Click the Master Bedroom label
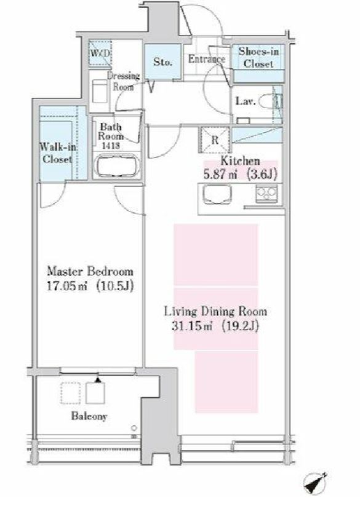tap(90, 271)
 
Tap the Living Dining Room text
tap(215, 312)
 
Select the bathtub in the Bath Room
tap(118, 166)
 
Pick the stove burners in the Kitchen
tap(266, 194)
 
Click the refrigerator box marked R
tap(215, 140)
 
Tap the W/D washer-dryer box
tap(100, 53)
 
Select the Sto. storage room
tap(162, 61)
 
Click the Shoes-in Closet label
tap(258, 57)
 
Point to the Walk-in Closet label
tap(57, 152)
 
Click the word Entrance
tap(207, 59)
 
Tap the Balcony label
tap(89, 416)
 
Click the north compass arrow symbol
tap(315, 484)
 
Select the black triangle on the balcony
tap(98, 380)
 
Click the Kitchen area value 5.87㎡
tap(220, 175)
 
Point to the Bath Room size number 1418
tap(111, 146)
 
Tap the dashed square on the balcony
tap(70, 393)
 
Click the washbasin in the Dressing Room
tap(100, 91)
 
